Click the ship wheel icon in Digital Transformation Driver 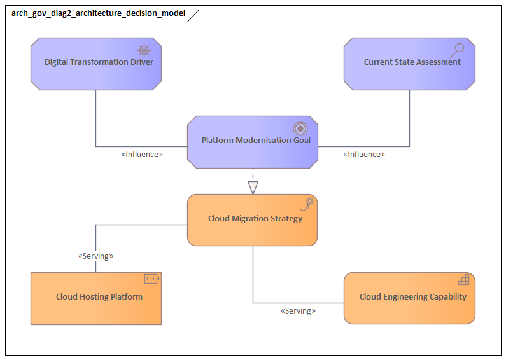(144, 50)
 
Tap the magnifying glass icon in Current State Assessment (457, 50)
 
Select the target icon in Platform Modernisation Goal (300, 128)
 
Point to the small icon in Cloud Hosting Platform (151, 279)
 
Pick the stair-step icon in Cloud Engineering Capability (464, 279)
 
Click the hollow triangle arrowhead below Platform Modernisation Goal (253, 187)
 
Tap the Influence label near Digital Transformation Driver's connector (142, 154)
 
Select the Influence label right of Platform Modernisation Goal (364, 154)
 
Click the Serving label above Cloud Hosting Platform (95, 256)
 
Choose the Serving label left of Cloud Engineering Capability (298, 311)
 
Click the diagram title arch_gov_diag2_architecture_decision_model (99, 13)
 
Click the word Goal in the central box (302, 140)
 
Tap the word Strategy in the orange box (286, 219)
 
